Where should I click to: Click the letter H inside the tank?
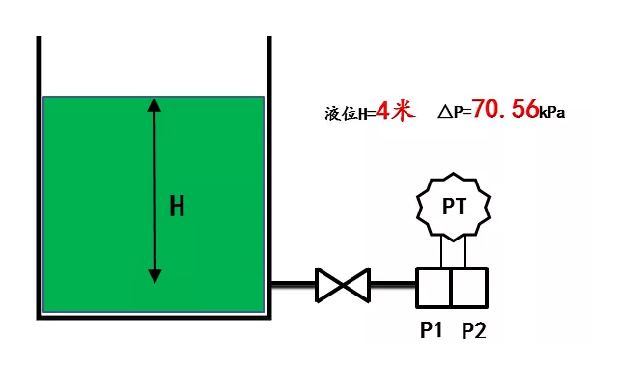(177, 206)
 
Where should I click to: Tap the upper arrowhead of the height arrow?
(154, 103)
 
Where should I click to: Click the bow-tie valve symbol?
(343, 284)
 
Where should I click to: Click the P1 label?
(431, 330)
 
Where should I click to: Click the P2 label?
(473, 330)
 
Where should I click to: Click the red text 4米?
(396, 110)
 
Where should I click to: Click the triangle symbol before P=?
(444, 112)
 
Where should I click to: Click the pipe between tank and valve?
(293, 284)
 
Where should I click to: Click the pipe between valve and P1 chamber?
(392, 284)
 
